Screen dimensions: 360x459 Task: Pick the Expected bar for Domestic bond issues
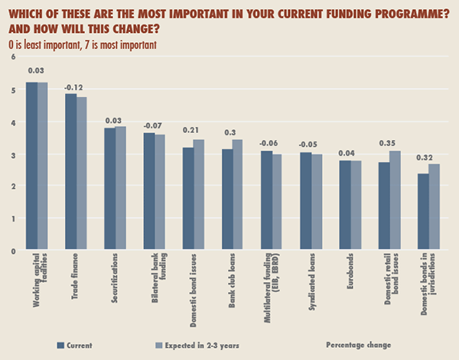point(199,195)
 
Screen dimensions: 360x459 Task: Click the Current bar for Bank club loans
point(228,199)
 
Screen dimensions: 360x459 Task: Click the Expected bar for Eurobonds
point(356,205)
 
